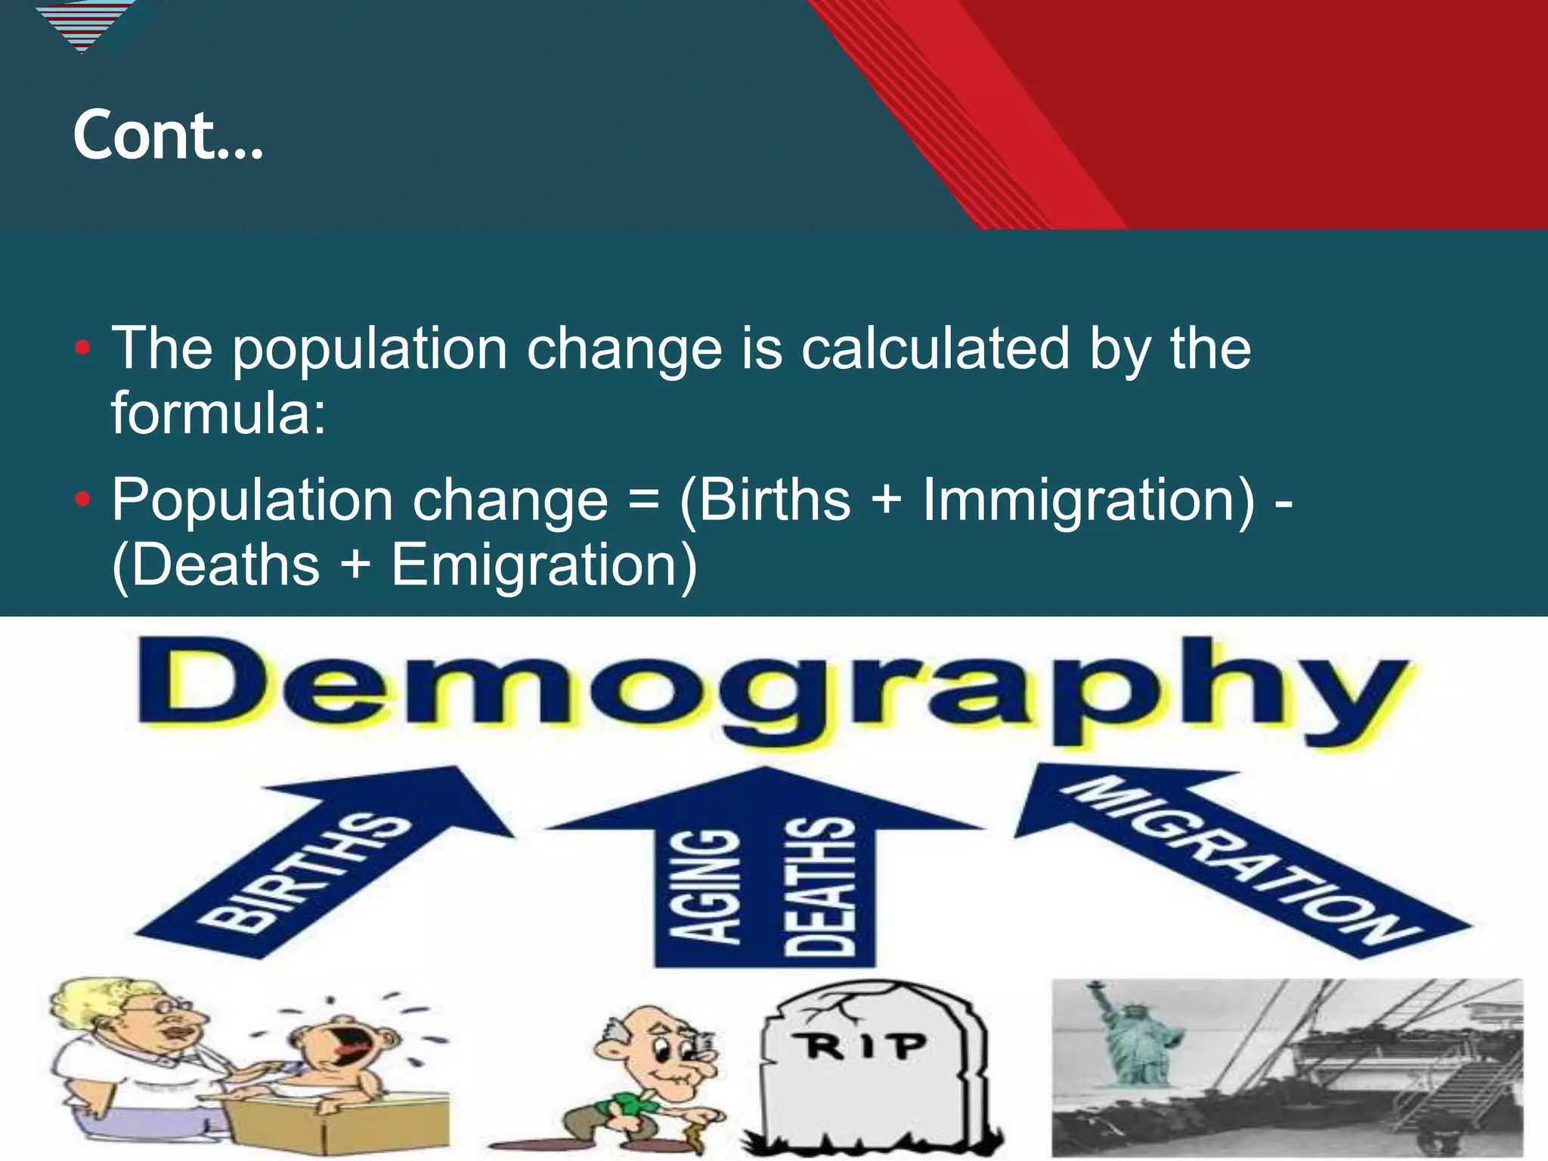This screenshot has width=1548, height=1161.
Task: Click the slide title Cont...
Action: point(168,136)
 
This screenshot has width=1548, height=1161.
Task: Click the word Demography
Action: point(771,692)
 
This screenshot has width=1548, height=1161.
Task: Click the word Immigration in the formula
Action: point(1088,500)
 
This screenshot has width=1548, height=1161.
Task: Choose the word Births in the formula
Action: point(775,500)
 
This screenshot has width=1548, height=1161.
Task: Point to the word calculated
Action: point(935,349)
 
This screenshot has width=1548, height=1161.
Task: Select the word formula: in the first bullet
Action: point(219,413)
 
